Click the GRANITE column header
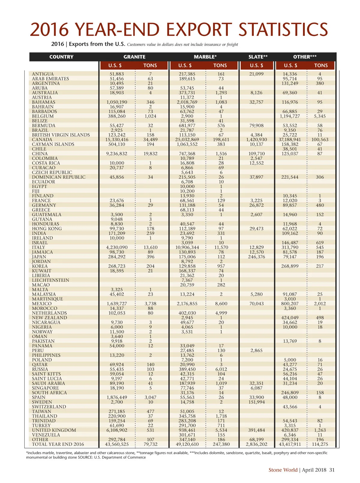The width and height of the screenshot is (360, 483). coord(134,57)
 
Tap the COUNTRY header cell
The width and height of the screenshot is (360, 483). coord(61,57)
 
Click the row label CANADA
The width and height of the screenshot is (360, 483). coord(42,139)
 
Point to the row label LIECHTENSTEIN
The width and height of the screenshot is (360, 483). coord(51,280)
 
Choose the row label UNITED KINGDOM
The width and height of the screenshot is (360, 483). coord(54,430)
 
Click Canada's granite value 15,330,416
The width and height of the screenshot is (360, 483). coord(117,139)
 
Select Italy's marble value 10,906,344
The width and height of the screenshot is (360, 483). coord(187,247)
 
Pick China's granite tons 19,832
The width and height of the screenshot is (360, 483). coord(150,154)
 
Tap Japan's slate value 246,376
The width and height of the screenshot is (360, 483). coord(256,257)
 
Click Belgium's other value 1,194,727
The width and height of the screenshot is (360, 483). coord(290,116)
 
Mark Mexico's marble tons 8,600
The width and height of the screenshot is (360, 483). coord(221,304)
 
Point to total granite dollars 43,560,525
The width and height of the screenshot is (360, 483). coord(117,444)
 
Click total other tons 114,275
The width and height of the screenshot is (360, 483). coord(320,444)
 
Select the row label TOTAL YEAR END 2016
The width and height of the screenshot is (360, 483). coord(58,444)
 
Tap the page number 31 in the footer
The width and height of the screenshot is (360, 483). coord(332,470)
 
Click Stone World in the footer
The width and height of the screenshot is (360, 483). coord(283,470)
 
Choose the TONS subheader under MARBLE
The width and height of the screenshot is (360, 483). coord(220,65)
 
